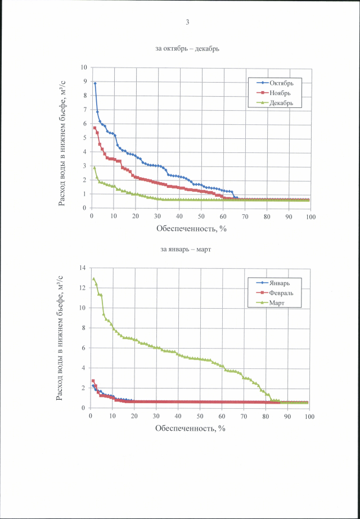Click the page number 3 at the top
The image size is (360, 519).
click(x=187, y=22)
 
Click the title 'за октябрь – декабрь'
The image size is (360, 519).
click(x=187, y=49)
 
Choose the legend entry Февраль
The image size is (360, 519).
click(x=280, y=293)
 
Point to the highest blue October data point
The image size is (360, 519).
click(x=95, y=83)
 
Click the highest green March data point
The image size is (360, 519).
click(x=94, y=279)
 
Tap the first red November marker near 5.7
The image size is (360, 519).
click(x=95, y=128)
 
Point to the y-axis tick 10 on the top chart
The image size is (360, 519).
click(x=84, y=67)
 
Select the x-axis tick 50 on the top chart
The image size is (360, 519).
click(x=201, y=216)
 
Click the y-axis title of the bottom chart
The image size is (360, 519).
click(x=60, y=337)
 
